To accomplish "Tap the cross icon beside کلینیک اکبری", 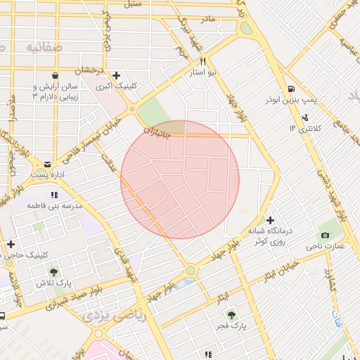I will click(x=116, y=75).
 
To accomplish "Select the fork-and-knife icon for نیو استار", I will click(x=203, y=62).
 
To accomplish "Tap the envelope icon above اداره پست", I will click(x=47, y=162).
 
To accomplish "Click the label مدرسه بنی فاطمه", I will click(x=55, y=205).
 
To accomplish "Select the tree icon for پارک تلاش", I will click(x=53, y=271).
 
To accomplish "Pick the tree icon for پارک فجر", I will click(x=232, y=316).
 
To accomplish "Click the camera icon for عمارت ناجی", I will click(x=325, y=235).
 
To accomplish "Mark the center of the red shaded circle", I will click(x=180, y=180).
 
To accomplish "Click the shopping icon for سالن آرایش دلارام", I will click(x=55, y=75).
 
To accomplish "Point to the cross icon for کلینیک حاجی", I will click(x=11, y=244).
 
